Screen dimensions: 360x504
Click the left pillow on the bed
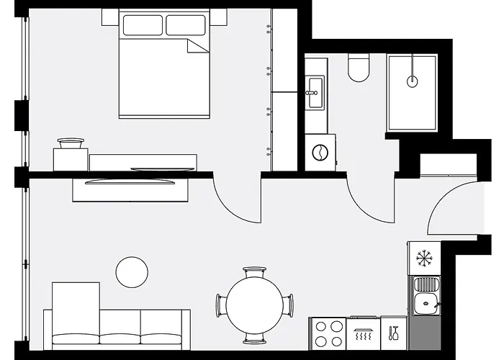[x=143, y=25]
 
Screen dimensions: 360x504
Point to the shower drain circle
[x=412, y=81]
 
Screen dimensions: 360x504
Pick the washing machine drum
[x=318, y=152]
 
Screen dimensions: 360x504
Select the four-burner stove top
[x=328, y=333]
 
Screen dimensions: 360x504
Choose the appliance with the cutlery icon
[x=394, y=333]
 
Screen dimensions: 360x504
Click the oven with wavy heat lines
[x=363, y=333]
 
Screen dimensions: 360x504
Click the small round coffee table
[x=132, y=271]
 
